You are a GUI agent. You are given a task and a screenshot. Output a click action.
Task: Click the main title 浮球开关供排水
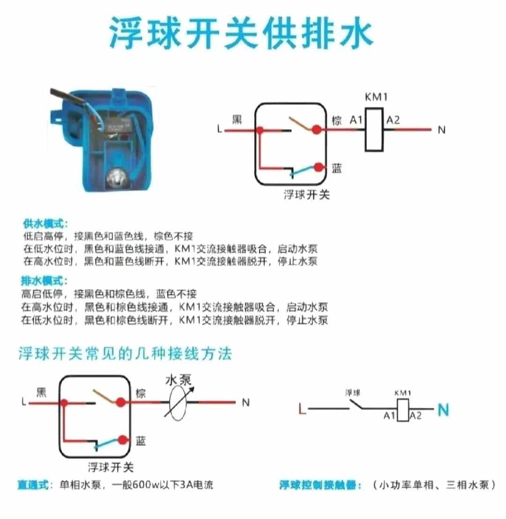241,34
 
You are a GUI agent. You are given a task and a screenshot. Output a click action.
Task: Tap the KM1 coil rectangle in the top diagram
374,129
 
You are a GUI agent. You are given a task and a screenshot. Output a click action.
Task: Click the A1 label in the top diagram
356,120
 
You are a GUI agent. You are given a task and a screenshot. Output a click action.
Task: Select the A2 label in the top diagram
393,120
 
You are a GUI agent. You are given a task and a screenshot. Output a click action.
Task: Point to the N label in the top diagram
441,130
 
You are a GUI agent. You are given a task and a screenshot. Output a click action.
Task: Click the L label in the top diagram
219,130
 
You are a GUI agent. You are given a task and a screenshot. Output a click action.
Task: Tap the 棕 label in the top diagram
336,120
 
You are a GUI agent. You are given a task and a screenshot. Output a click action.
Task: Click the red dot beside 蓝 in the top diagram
319,167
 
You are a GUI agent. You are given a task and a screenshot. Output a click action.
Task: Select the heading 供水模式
45,223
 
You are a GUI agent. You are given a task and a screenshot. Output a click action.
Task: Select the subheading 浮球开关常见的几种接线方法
125,354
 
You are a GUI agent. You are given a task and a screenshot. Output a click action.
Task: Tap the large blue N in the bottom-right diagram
443,410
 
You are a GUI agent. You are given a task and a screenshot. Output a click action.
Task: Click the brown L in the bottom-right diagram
302,410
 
